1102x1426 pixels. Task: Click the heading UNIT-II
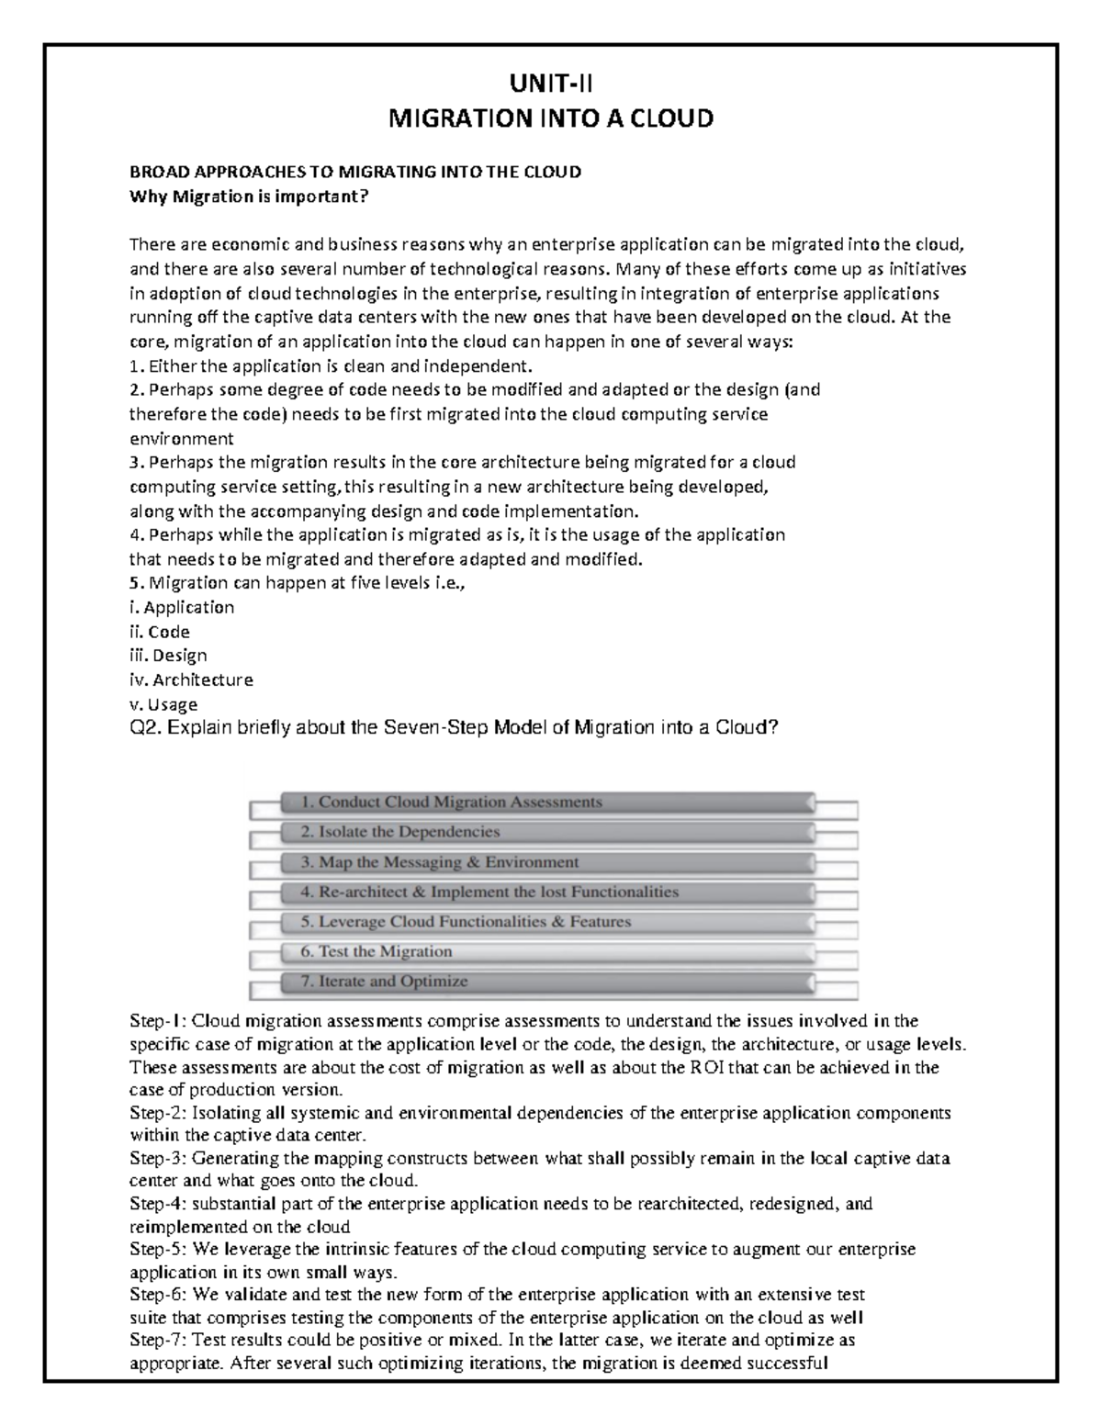[x=551, y=85]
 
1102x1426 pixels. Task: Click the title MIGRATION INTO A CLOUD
[x=551, y=119]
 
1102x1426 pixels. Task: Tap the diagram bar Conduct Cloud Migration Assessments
[x=546, y=803]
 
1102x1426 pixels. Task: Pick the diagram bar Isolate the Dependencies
[x=546, y=833]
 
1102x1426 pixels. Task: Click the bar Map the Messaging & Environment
[x=546, y=862]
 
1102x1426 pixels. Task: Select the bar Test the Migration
[x=546, y=952]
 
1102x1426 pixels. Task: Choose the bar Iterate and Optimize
[x=546, y=982]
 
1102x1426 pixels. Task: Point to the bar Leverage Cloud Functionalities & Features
[x=546, y=922]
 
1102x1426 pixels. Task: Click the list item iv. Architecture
[x=191, y=680]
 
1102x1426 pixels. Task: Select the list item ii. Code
[x=160, y=632]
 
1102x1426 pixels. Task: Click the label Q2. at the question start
[x=147, y=729]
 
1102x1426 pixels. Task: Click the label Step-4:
[x=159, y=1204]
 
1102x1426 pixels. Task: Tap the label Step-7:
[x=159, y=1341]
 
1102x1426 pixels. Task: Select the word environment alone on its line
[x=181, y=439]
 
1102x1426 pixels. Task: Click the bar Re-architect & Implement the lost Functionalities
[x=546, y=893]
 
